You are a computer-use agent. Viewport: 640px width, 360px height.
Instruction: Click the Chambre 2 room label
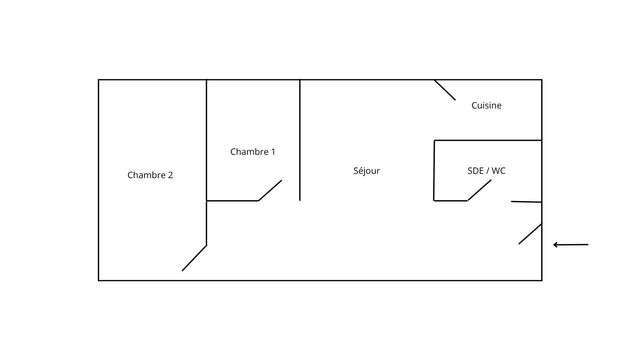point(150,175)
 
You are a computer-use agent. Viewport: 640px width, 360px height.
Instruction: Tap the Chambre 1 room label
point(253,152)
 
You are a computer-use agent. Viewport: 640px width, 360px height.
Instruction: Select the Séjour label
point(367,171)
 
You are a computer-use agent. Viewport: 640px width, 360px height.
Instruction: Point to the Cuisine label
point(486,105)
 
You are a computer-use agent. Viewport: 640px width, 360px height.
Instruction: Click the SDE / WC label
point(487,171)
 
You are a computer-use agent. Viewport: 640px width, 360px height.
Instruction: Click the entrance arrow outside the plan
point(571,245)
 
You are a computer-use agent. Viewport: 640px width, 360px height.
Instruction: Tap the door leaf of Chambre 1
point(270,191)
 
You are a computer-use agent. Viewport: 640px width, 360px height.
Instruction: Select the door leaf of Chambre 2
point(194,258)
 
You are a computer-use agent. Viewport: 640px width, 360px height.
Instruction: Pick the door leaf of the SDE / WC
point(479,190)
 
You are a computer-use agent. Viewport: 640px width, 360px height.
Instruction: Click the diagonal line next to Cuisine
point(445,90)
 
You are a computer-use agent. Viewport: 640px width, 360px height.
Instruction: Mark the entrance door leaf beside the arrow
point(530,234)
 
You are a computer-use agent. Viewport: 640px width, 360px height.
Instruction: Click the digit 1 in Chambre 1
point(273,152)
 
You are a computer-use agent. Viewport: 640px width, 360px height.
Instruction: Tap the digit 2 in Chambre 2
point(170,175)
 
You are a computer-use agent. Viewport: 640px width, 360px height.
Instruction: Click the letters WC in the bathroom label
point(498,171)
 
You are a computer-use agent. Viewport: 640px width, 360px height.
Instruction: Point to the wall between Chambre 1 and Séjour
point(300,140)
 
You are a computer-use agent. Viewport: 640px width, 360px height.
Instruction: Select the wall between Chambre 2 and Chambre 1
point(207,162)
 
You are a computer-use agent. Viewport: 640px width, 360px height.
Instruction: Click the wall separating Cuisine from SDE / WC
point(488,140)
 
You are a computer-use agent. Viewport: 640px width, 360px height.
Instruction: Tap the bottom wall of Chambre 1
point(232,201)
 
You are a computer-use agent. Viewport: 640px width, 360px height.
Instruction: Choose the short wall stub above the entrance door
point(527,202)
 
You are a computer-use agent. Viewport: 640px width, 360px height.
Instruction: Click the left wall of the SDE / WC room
point(434,171)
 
